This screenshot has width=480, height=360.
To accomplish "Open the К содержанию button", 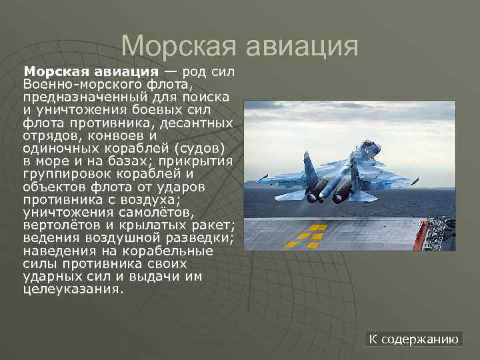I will (414, 339).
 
